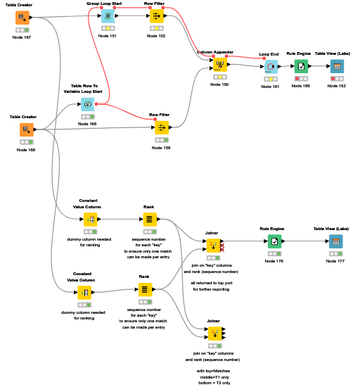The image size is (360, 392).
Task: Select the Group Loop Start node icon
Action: click(x=107, y=15)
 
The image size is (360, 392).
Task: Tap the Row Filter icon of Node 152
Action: click(x=157, y=15)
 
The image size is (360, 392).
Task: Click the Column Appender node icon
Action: click(x=219, y=65)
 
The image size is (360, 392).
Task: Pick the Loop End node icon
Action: click(x=269, y=67)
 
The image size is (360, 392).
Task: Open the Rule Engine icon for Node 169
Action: click(x=301, y=66)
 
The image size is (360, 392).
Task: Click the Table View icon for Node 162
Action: click(x=337, y=66)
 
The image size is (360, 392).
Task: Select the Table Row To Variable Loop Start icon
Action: click(x=88, y=104)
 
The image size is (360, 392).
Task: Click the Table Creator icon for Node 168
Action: click(x=27, y=129)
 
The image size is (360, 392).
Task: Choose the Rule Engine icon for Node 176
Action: click(x=274, y=241)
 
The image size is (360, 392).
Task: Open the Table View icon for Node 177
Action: click(x=336, y=241)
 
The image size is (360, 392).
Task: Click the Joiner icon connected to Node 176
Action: click(x=212, y=246)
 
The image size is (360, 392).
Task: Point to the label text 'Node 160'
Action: click(x=219, y=84)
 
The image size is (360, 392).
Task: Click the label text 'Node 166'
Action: click(x=89, y=124)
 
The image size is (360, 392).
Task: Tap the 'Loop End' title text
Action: click(x=269, y=53)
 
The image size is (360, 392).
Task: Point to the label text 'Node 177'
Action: click(x=335, y=261)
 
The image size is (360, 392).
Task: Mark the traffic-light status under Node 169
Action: click(x=301, y=78)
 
